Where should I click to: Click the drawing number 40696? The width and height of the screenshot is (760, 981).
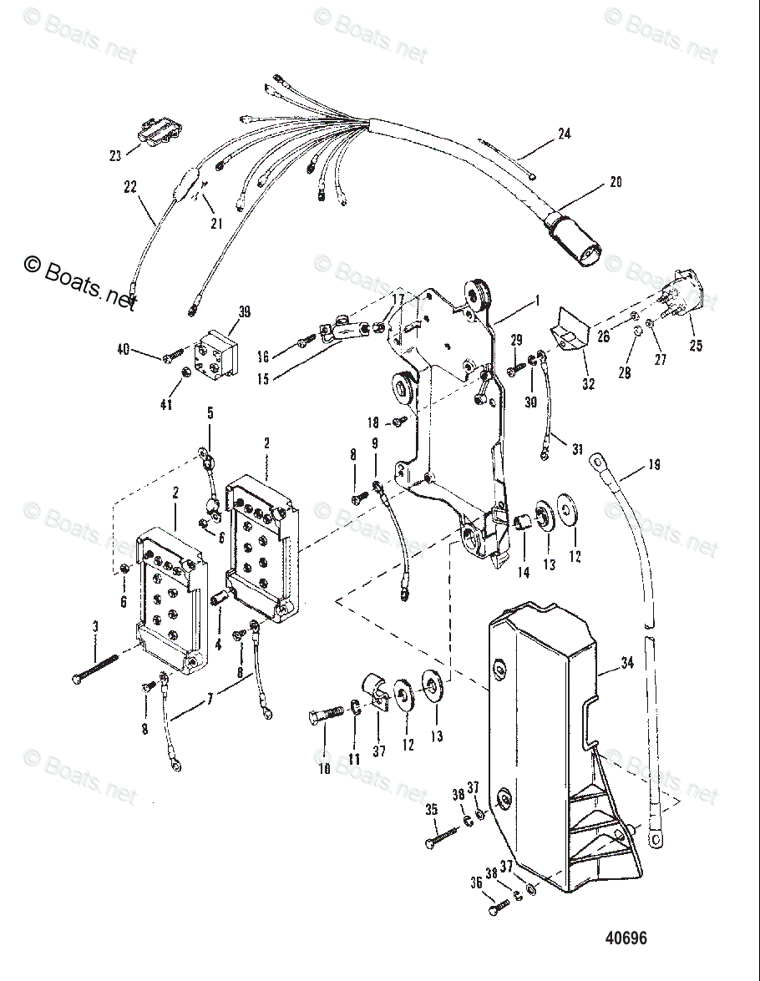(x=626, y=938)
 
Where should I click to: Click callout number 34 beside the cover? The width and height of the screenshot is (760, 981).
(x=629, y=665)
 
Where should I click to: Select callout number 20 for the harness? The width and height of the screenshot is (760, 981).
(x=616, y=182)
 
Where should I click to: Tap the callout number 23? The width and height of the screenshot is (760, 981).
(x=114, y=154)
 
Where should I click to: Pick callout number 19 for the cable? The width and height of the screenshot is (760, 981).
(x=654, y=465)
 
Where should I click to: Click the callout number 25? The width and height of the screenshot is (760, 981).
(x=696, y=345)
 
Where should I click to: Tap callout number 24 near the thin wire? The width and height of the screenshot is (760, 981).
(x=565, y=134)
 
